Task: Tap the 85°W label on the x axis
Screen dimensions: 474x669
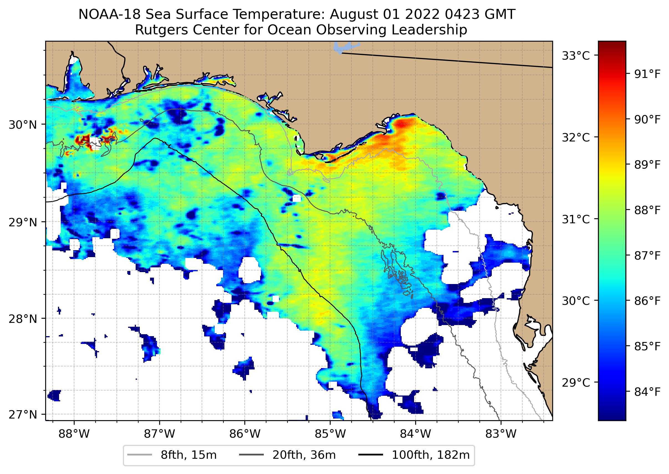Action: click(x=330, y=434)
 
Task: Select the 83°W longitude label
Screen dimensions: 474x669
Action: click(x=501, y=434)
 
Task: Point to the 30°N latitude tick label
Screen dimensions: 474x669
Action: click(x=23, y=125)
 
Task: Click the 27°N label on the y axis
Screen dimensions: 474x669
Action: click(x=23, y=414)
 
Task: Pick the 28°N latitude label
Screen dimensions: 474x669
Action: click(x=23, y=319)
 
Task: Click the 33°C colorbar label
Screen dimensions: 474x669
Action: click(x=576, y=56)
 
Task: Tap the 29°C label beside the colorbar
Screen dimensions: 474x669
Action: click(x=576, y=382)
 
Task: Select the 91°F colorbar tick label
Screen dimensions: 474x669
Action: click(x=647, y=74)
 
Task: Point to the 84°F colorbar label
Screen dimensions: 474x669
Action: click(x=647, y=392)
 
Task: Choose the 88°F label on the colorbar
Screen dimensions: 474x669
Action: click(x=647, y=210)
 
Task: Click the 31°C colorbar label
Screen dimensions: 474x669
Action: click(x=576, y=219)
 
